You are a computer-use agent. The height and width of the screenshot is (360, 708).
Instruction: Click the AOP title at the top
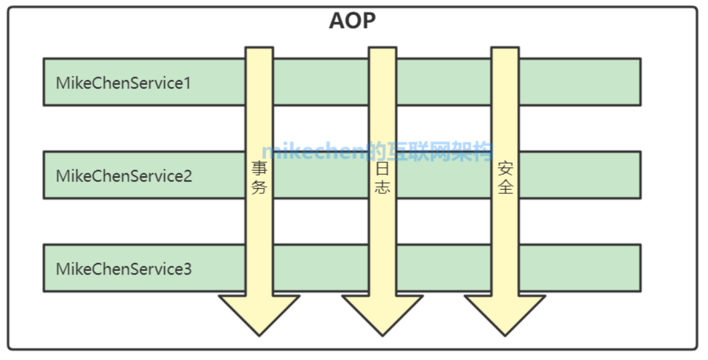pos(352,20)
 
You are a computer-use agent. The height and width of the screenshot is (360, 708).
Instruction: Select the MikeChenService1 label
pos(123,83)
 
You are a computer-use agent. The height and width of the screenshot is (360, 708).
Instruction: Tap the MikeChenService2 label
pos(124,176)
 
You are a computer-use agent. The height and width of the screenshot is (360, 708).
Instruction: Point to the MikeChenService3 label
pos(124,269)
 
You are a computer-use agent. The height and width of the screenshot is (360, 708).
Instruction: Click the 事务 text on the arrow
pos(259,178)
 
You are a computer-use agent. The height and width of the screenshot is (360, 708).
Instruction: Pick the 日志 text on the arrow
pos(382,178)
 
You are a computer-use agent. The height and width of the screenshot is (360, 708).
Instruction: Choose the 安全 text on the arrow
pos(505,178)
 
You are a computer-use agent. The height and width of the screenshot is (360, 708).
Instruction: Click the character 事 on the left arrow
pos(259,168)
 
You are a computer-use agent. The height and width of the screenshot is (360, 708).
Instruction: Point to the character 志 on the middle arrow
pos(382,187)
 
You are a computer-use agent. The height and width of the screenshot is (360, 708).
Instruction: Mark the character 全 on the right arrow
pos(505,187)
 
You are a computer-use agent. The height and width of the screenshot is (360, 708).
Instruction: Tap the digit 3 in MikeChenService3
pos(187,269)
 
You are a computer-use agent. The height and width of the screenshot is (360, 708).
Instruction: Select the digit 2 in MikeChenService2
pos(187,176)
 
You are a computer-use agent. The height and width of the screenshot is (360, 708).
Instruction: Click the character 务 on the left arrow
pos(259,187)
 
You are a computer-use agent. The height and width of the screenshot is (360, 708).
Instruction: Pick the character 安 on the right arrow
pos(505,168)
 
